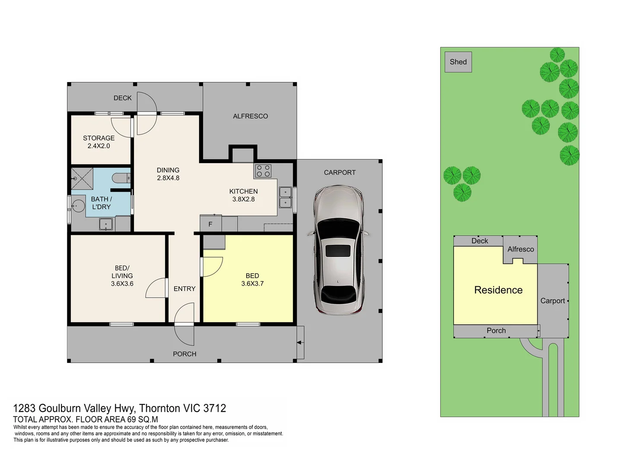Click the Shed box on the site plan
[x=458, y=62]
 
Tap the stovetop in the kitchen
[x=263, y=171]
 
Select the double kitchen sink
[x=286, y=198]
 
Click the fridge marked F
[x=210, y=224]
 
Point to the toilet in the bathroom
[x=121, y=178]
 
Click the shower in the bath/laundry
[x=82, y=179]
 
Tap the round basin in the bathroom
[x=79, y=206]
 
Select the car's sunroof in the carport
[x=337, y=251]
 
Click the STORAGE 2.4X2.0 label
[x=99, y=142]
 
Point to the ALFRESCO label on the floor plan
[x=250, y=116]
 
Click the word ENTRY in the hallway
[x=184, y=289]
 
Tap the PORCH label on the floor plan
[x=184, y=354]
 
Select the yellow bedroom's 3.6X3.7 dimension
[x=252, y=283]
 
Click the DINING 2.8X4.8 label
[x=168, y=174]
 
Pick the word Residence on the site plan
[x=498, y=290]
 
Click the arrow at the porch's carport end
[x=300, y=343]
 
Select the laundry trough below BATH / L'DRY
[x=106, y=224]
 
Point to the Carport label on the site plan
[x=552, y=301]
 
